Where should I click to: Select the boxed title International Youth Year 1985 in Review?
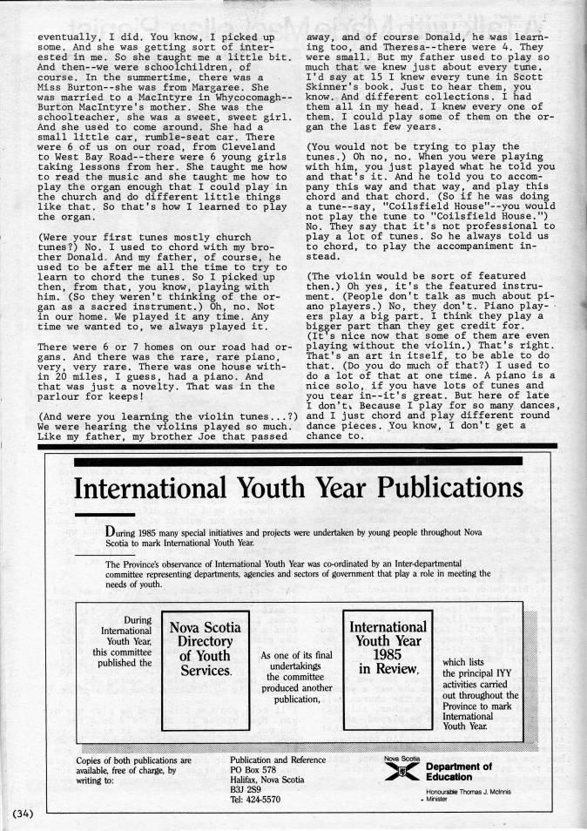pyautogui.click(x=387, y=647)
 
